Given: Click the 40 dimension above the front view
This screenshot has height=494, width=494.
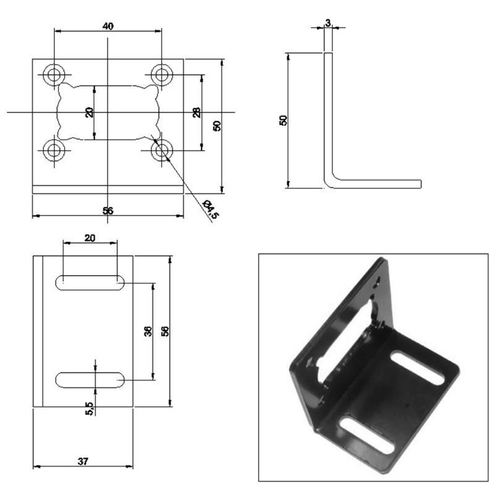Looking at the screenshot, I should click(107, 26).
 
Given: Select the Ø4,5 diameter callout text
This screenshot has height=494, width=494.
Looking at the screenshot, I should click(211, 209).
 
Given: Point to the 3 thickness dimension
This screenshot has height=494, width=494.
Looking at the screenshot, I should click(328, 23).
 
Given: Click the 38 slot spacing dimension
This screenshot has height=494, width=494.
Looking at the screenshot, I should click(148, 331).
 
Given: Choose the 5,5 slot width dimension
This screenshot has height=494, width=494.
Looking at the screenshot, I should click(90, 408).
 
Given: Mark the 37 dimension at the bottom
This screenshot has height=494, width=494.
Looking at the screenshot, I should click(82, 461).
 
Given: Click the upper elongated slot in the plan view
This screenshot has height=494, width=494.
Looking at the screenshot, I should click(90, 282).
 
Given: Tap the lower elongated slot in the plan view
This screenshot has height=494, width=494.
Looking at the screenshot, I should click(90, 380).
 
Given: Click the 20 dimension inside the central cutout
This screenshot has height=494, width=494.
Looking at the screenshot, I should click(90, 112).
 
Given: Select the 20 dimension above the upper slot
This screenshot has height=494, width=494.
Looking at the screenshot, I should click(90, 238).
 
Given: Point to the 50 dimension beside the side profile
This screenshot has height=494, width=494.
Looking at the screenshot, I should click(283, 120).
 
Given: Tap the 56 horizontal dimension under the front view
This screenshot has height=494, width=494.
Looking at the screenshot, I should click(107, 211).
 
